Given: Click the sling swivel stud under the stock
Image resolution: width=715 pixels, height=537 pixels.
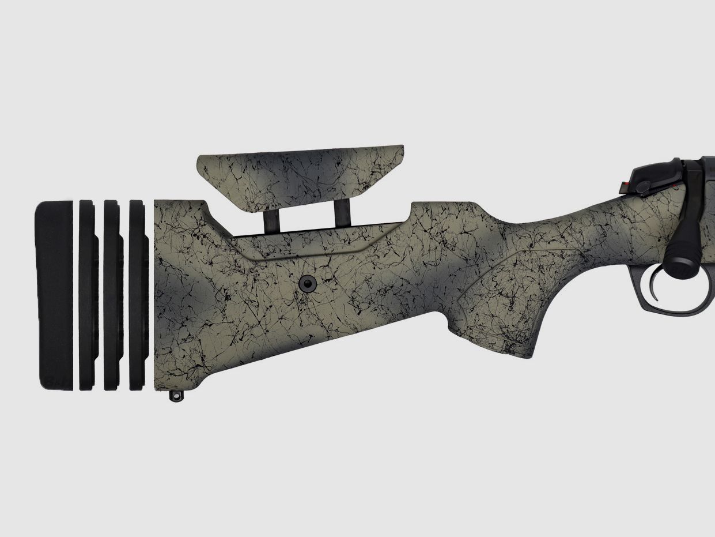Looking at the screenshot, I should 176,396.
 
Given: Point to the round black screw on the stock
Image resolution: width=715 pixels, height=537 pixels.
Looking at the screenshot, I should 308,282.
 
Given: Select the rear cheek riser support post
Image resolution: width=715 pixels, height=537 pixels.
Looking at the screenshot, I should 271,220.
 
